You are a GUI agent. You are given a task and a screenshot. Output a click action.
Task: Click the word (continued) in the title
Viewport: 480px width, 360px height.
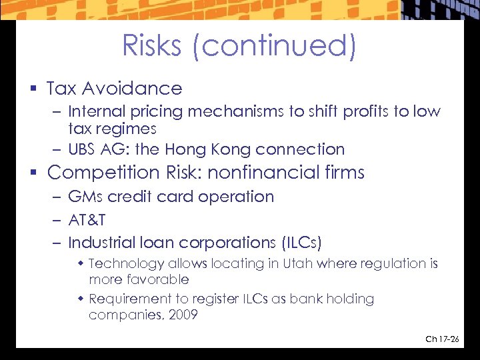(x=278, y=47)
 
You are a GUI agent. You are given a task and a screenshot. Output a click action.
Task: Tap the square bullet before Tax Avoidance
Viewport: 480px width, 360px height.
(x=33, y=89)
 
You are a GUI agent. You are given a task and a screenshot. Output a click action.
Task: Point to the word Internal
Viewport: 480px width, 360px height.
(x=93, y=111)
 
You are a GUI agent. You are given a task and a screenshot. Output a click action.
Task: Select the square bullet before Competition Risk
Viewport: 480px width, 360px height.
(x=34, y=173)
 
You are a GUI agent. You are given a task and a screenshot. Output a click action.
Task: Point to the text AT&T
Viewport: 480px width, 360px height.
(x=87, y=219)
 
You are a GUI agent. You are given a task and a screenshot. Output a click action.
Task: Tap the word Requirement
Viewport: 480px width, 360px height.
(x=129, y=299)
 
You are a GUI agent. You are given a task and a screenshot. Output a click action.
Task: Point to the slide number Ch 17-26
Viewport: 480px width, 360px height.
(x=442, y=339)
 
